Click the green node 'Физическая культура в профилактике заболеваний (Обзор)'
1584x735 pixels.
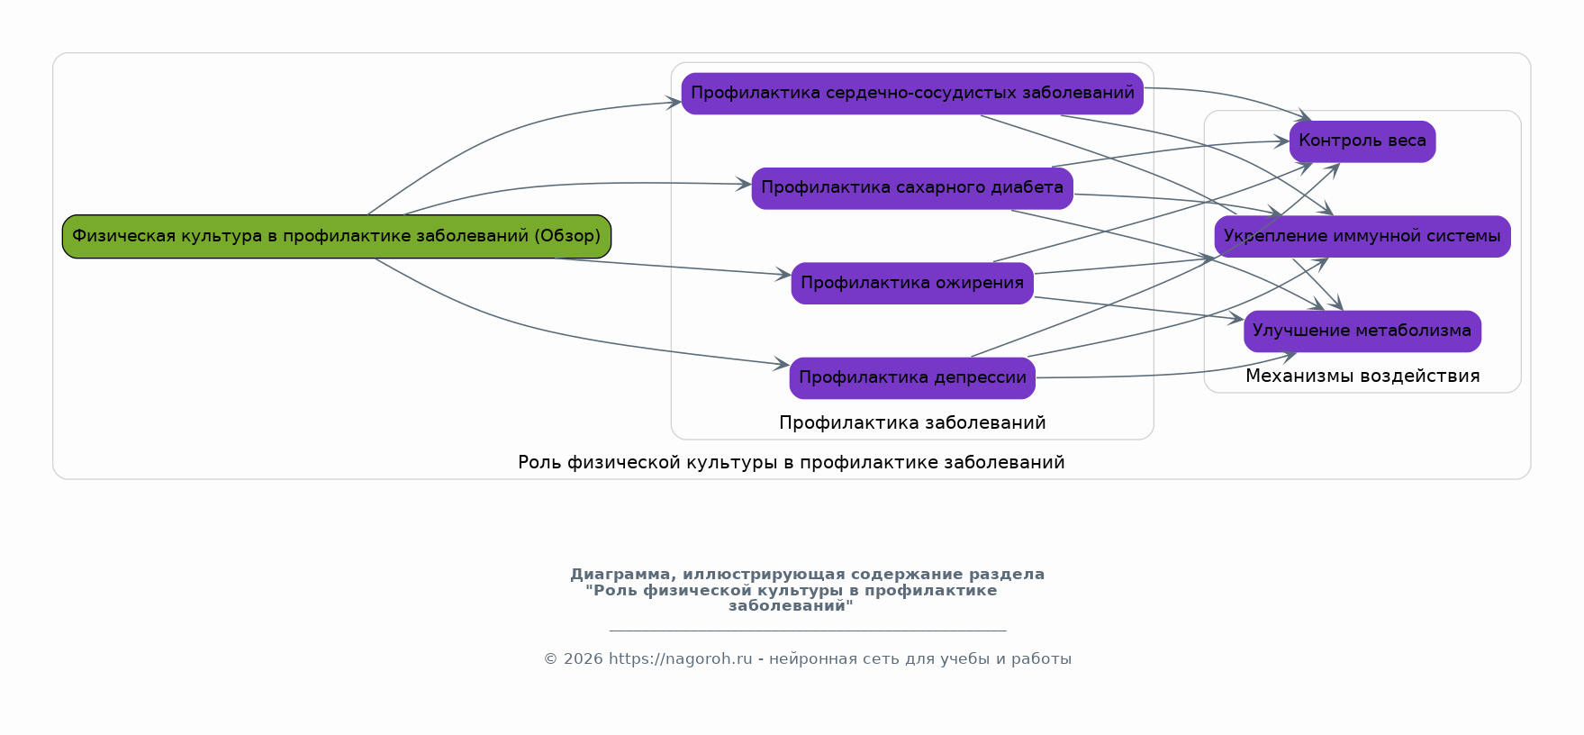pyautogui.click(x=336, y=236)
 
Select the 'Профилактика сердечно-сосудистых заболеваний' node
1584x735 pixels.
pyautogui.click(x=911, y=94)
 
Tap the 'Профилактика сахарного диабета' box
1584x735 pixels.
pyautogui.click(x=911, y=188)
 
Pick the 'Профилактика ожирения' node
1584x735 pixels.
pyautogui.click(x=911, y=283)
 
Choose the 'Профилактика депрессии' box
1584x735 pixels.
pyautogui.click(x=911, y=378)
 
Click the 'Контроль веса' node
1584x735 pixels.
pyautogui.click(x=1362, y=141)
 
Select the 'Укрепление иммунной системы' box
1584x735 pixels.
pyautogui.click(x=1362, y=236)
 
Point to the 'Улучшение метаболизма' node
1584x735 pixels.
pyautogui.click(x=1362, y=331)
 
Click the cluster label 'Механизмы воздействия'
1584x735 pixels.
pyautogui.click(x=1362, y=377)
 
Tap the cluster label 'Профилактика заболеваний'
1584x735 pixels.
pyautogui.click(x=911, y=423)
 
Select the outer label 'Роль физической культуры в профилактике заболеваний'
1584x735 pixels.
pyautogui.click(x=791, y=463)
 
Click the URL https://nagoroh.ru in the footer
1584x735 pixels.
pyautogui.click(x=680, y=659)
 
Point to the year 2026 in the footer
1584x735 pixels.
pyautogui.click(x=583, y=659)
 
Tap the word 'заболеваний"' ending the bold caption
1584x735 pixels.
pyautogui.click(x=791, y=606)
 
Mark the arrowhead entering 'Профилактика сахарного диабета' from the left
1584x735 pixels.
pyautogui.click(x=745, y=185)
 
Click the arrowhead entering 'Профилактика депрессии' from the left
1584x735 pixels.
pyautogui.click(x=783, y=365)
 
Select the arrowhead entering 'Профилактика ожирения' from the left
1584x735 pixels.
pyautogui.click(x=784, y=275)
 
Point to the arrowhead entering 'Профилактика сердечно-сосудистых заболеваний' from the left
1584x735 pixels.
pyautogui.click(x=674, y=103)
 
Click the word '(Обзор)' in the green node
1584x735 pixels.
pyautogui.click(x=567, y=236)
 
